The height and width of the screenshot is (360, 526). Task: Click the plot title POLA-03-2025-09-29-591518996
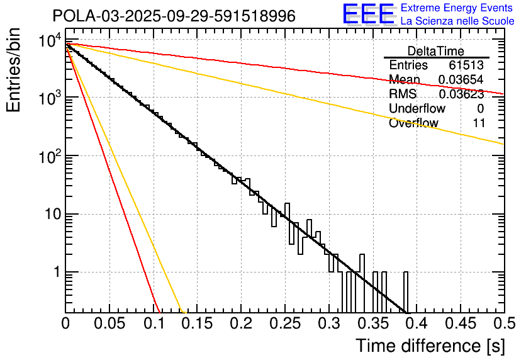pos(174,16)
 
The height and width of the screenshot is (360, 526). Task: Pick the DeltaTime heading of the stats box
pos(436,51)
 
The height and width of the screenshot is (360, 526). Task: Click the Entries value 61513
pos(467,65)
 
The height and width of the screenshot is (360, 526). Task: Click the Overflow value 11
pos(479,123)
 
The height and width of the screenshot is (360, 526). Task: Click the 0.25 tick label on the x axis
pos(240,324)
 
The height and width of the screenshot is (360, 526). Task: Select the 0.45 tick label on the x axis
pos(416,324)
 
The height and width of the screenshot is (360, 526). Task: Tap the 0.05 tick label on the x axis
pos(109,324)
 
